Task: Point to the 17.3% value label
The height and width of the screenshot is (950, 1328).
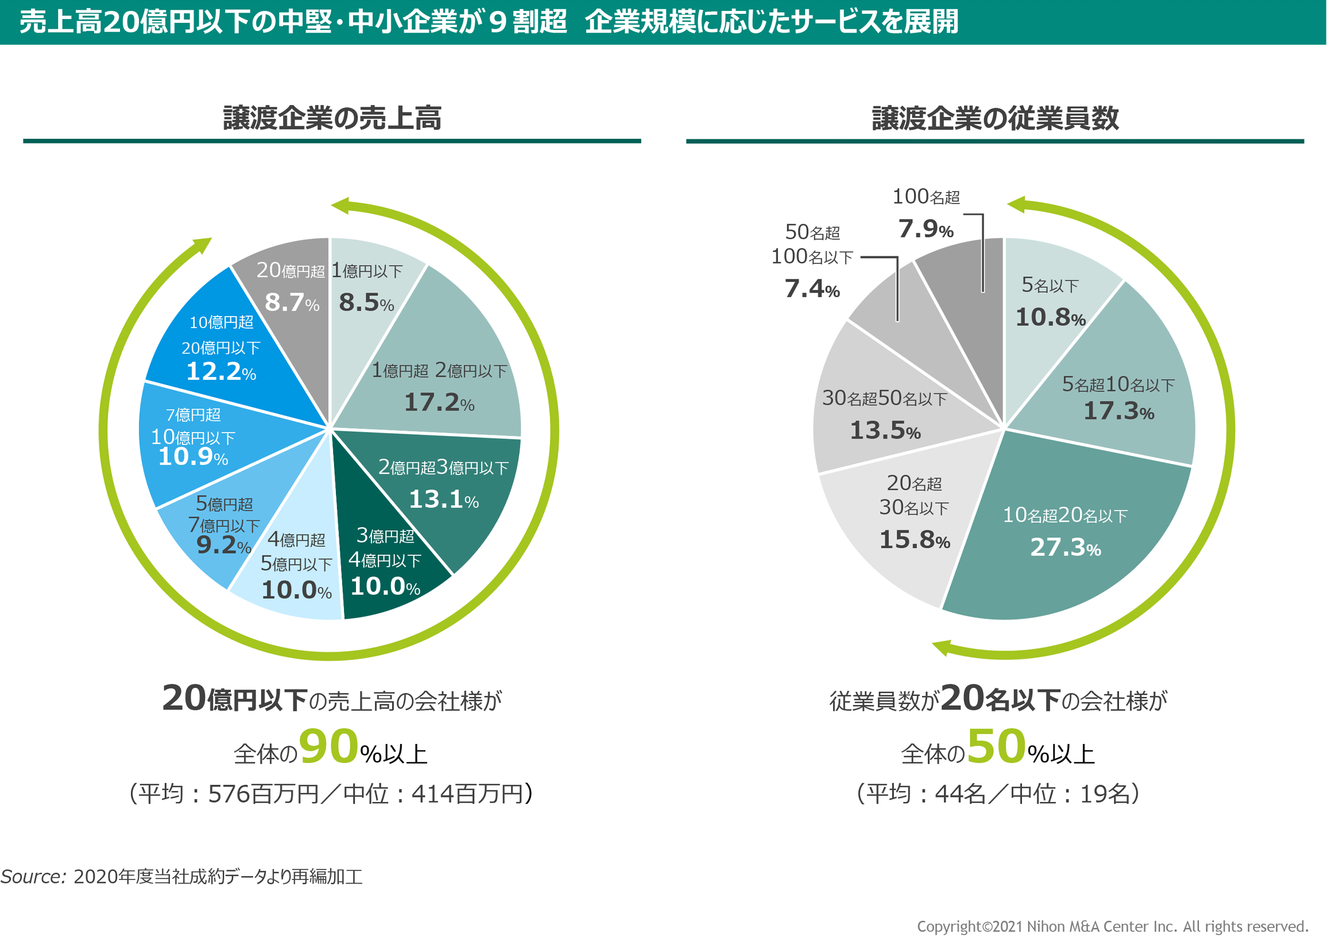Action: (1118, 411)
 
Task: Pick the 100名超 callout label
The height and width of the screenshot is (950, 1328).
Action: (926, 197)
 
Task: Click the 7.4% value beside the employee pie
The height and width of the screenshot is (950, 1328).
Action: (812, 289)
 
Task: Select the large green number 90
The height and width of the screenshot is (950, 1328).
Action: (328, 747)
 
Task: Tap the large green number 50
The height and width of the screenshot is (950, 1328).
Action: (997, 747)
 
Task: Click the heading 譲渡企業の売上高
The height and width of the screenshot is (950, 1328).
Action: (332, 118)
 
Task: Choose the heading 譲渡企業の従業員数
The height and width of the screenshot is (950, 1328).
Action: (995, 118)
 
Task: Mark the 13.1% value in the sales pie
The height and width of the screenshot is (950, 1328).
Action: (444, 500)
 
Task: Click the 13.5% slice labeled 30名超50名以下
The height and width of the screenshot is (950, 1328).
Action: (884, 415)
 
